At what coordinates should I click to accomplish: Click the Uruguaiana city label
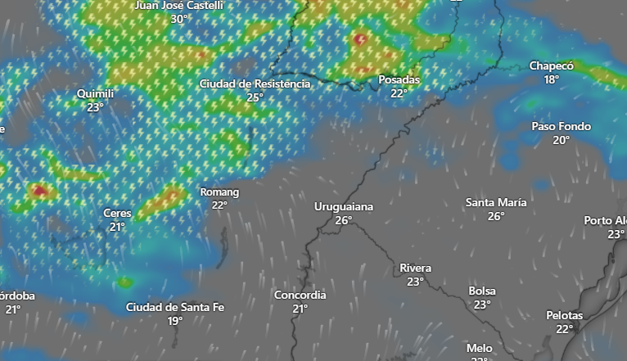point(343,207)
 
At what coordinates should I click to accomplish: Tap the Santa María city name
point(496,203)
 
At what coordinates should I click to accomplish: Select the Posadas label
point(399,80)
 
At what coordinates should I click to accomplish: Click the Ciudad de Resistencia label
point(255,84)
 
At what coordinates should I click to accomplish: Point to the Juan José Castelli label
point(178,5)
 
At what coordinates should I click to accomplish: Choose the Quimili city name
point(95,94)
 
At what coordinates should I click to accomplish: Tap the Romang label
point(219,192)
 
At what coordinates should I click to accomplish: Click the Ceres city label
point(117,214)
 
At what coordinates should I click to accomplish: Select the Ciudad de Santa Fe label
point(174,308)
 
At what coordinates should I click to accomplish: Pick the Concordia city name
point(300,296)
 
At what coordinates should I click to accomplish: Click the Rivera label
point(415,268)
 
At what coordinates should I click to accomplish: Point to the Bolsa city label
point(481,291)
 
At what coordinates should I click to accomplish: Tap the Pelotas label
point(564,316)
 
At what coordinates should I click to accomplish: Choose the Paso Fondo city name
point(561,127)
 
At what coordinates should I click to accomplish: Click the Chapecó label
point(551,66)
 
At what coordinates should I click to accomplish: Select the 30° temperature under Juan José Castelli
point(179,18)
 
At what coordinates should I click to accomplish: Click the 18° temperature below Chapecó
point(551,79)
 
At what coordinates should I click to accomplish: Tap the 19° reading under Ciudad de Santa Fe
point(174,321)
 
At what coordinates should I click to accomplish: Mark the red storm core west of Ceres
point(39,192)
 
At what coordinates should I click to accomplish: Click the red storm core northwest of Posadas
point(359,38)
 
